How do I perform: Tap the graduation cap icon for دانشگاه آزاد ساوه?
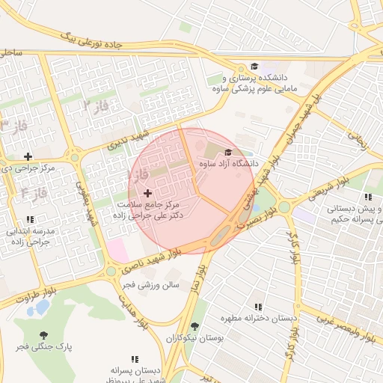pos(228,152)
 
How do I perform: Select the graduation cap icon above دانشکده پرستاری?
pos(254,67)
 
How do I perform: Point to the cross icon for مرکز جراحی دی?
pos(28,156)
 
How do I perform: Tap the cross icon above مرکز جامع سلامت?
pos(147,193)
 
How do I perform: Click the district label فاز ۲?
pos(96,105)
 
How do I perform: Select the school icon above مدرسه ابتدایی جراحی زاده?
pos(30,220)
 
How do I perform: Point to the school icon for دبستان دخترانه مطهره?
pos(258,307)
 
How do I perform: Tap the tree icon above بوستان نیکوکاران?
pos(194,327)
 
